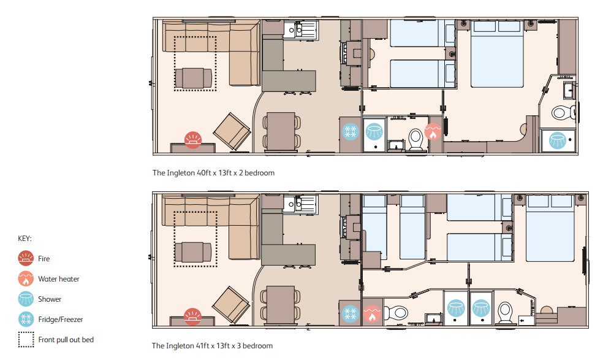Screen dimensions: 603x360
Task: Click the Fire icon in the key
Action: (26, 258)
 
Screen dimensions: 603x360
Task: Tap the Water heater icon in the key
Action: (26, 279)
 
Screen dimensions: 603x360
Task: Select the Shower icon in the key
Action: (26, 299)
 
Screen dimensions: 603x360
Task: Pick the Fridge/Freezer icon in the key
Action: (26, 319)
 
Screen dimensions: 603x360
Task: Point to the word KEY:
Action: (25, 239)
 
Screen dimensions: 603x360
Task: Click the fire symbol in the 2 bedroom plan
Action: (192, 140)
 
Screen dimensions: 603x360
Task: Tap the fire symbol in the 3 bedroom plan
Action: (192, 316)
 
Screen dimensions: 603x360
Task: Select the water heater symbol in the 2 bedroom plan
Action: (433, 132)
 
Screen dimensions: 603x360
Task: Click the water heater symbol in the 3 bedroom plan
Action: (372, 314)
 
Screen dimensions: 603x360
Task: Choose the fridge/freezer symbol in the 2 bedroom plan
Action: (351, 132)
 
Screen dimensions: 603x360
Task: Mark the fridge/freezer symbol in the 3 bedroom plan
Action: (351, 314)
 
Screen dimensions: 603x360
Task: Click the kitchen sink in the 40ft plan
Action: (301, 29)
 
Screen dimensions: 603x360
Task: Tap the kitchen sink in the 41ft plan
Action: (300, 204)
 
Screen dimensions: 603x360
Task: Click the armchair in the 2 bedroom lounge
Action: (232, 131)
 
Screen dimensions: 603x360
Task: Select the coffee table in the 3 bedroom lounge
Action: (193, 252)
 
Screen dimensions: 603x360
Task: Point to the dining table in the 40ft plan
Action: (281, 131)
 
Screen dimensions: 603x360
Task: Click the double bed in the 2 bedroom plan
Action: (497, 54)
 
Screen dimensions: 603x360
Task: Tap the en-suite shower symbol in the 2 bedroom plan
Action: (557, 140)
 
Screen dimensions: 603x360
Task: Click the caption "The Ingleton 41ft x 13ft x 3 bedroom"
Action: (212, 346)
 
